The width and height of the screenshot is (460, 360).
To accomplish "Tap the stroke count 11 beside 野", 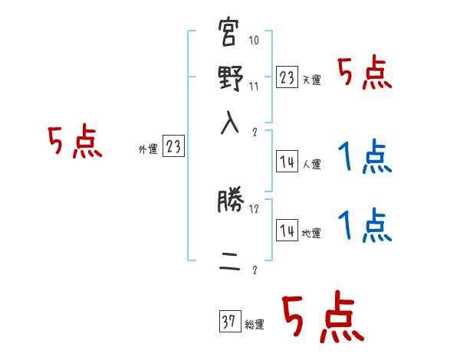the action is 255,85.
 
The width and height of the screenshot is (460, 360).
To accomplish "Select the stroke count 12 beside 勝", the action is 255,208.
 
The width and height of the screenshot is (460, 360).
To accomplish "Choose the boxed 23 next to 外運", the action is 173,147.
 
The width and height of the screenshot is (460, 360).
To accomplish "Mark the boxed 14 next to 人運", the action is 287,162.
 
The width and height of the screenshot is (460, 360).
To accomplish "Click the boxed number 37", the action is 228,322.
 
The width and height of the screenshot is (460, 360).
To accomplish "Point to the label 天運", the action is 311,80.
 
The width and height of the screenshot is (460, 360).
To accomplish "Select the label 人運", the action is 311,164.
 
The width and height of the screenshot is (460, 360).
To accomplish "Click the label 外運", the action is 148,149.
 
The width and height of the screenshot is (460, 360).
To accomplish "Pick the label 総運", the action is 255,325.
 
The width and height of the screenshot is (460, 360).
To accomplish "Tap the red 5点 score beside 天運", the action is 365,74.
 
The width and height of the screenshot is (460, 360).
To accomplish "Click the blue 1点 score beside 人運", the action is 365,159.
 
